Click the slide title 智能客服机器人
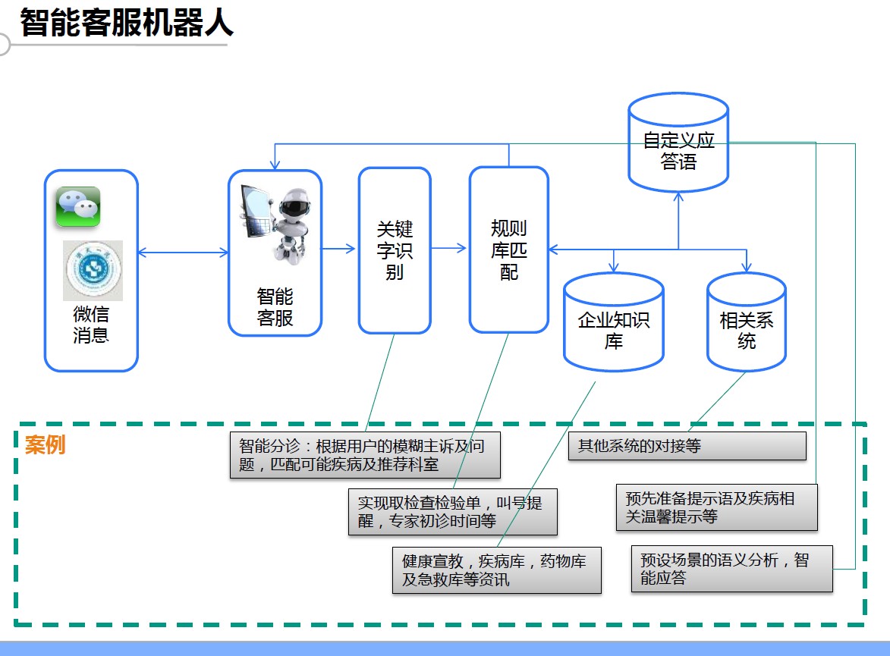point(126,23)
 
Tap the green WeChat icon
point(77,207)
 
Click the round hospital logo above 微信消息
point(93,271)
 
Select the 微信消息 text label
point(91,325)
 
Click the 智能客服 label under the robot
point(275,307)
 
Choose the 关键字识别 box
point(395,250)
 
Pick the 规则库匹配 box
point(508,250)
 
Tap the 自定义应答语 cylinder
point(678,149)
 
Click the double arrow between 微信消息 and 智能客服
point(183,253)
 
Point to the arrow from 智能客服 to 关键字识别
point(339,248)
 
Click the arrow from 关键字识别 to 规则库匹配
point(449,248)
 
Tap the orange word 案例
point(46,445)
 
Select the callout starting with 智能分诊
point(365,455)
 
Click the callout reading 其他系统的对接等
point(687,446)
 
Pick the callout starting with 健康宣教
point(496,570)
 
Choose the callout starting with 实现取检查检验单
point(453,512)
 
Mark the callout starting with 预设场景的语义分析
point(731,569)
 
